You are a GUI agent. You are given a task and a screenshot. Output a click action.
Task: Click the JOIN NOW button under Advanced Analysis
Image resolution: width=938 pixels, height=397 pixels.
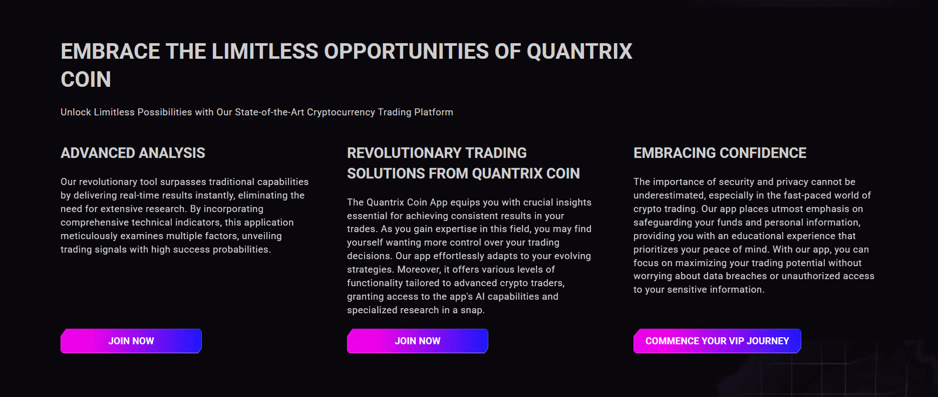[x=131, y=341]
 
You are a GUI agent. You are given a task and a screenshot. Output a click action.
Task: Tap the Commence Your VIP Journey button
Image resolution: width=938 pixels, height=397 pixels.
[x=717, y=341]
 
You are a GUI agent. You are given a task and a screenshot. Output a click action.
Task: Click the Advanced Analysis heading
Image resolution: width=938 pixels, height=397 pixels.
[x=133, y=153]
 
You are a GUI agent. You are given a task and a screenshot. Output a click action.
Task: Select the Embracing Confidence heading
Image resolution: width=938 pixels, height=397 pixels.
[x=720, y=153]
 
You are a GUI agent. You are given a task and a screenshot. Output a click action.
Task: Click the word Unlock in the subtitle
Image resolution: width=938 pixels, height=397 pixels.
[x=76, y=112]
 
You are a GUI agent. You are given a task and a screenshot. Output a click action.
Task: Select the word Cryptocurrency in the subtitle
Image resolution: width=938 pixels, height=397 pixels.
[x=341, y=112]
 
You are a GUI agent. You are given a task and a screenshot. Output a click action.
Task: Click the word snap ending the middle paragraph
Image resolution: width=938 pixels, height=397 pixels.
[x=472, y=310]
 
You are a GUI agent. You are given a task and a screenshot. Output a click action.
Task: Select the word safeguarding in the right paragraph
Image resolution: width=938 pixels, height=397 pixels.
[x=661, y=222]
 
